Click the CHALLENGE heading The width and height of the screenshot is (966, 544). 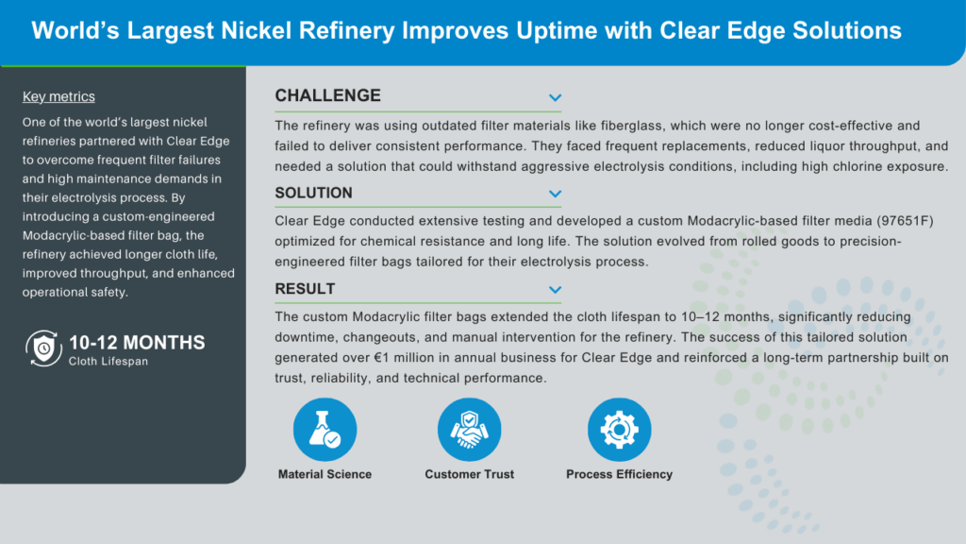327,95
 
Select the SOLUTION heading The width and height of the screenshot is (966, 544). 313,193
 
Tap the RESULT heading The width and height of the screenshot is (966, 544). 305,289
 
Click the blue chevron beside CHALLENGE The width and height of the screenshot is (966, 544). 555,97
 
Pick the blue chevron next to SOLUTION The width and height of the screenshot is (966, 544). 555,194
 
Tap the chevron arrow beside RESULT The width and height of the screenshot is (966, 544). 555,289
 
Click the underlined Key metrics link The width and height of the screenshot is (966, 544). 58,97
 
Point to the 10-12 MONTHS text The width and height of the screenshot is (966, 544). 137,342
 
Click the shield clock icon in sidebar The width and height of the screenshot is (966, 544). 43,348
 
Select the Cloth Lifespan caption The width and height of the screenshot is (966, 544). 108,362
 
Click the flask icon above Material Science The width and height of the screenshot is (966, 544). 325,430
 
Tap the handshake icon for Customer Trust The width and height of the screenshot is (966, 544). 470,430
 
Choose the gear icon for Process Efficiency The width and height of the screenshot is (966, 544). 619,430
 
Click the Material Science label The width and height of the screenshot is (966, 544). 325,474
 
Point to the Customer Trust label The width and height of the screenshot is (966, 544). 470,474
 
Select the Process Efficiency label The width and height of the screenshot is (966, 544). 619,474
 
